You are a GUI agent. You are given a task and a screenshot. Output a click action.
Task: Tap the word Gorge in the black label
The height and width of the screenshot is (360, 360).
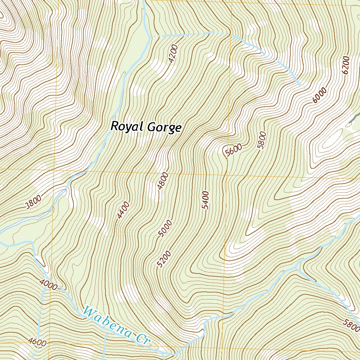(164, 128)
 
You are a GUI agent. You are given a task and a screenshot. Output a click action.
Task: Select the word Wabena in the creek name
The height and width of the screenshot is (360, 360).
(107, 321)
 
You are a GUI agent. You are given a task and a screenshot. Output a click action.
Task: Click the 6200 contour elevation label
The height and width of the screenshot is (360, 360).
(346, 65)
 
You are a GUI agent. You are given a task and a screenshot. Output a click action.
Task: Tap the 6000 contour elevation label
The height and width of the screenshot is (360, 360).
(319, 95)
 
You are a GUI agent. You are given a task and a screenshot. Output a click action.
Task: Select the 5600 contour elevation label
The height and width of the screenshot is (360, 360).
(234, 150)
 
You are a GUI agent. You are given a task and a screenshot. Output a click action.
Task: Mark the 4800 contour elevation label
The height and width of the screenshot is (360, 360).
(163, 181)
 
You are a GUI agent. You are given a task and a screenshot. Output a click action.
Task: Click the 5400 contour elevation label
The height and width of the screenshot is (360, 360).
(206, 200)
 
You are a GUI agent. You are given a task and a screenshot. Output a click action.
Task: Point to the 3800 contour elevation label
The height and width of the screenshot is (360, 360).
(34, 201)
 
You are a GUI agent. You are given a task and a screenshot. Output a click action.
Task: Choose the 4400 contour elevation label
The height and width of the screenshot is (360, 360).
(123, 210)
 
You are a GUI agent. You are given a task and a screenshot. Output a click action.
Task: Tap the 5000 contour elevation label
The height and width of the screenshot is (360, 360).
(165, 229)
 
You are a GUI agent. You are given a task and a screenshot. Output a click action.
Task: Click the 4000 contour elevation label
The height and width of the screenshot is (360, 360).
(49, 284)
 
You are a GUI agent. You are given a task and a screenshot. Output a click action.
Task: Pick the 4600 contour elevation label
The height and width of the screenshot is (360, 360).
(37, 341)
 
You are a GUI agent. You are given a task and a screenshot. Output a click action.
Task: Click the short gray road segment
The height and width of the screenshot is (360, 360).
(354, 118)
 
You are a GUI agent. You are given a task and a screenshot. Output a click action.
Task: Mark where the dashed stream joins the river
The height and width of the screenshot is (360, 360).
(152, 37)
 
